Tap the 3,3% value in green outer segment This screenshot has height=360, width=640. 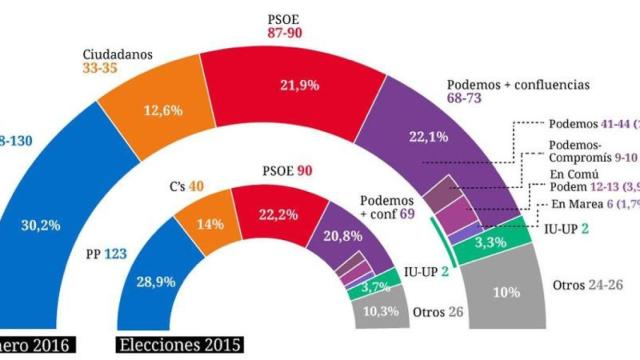pyautogui.click(x=498, y=241)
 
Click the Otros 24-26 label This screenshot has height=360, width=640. pyautogui.click(x=594, y=285)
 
